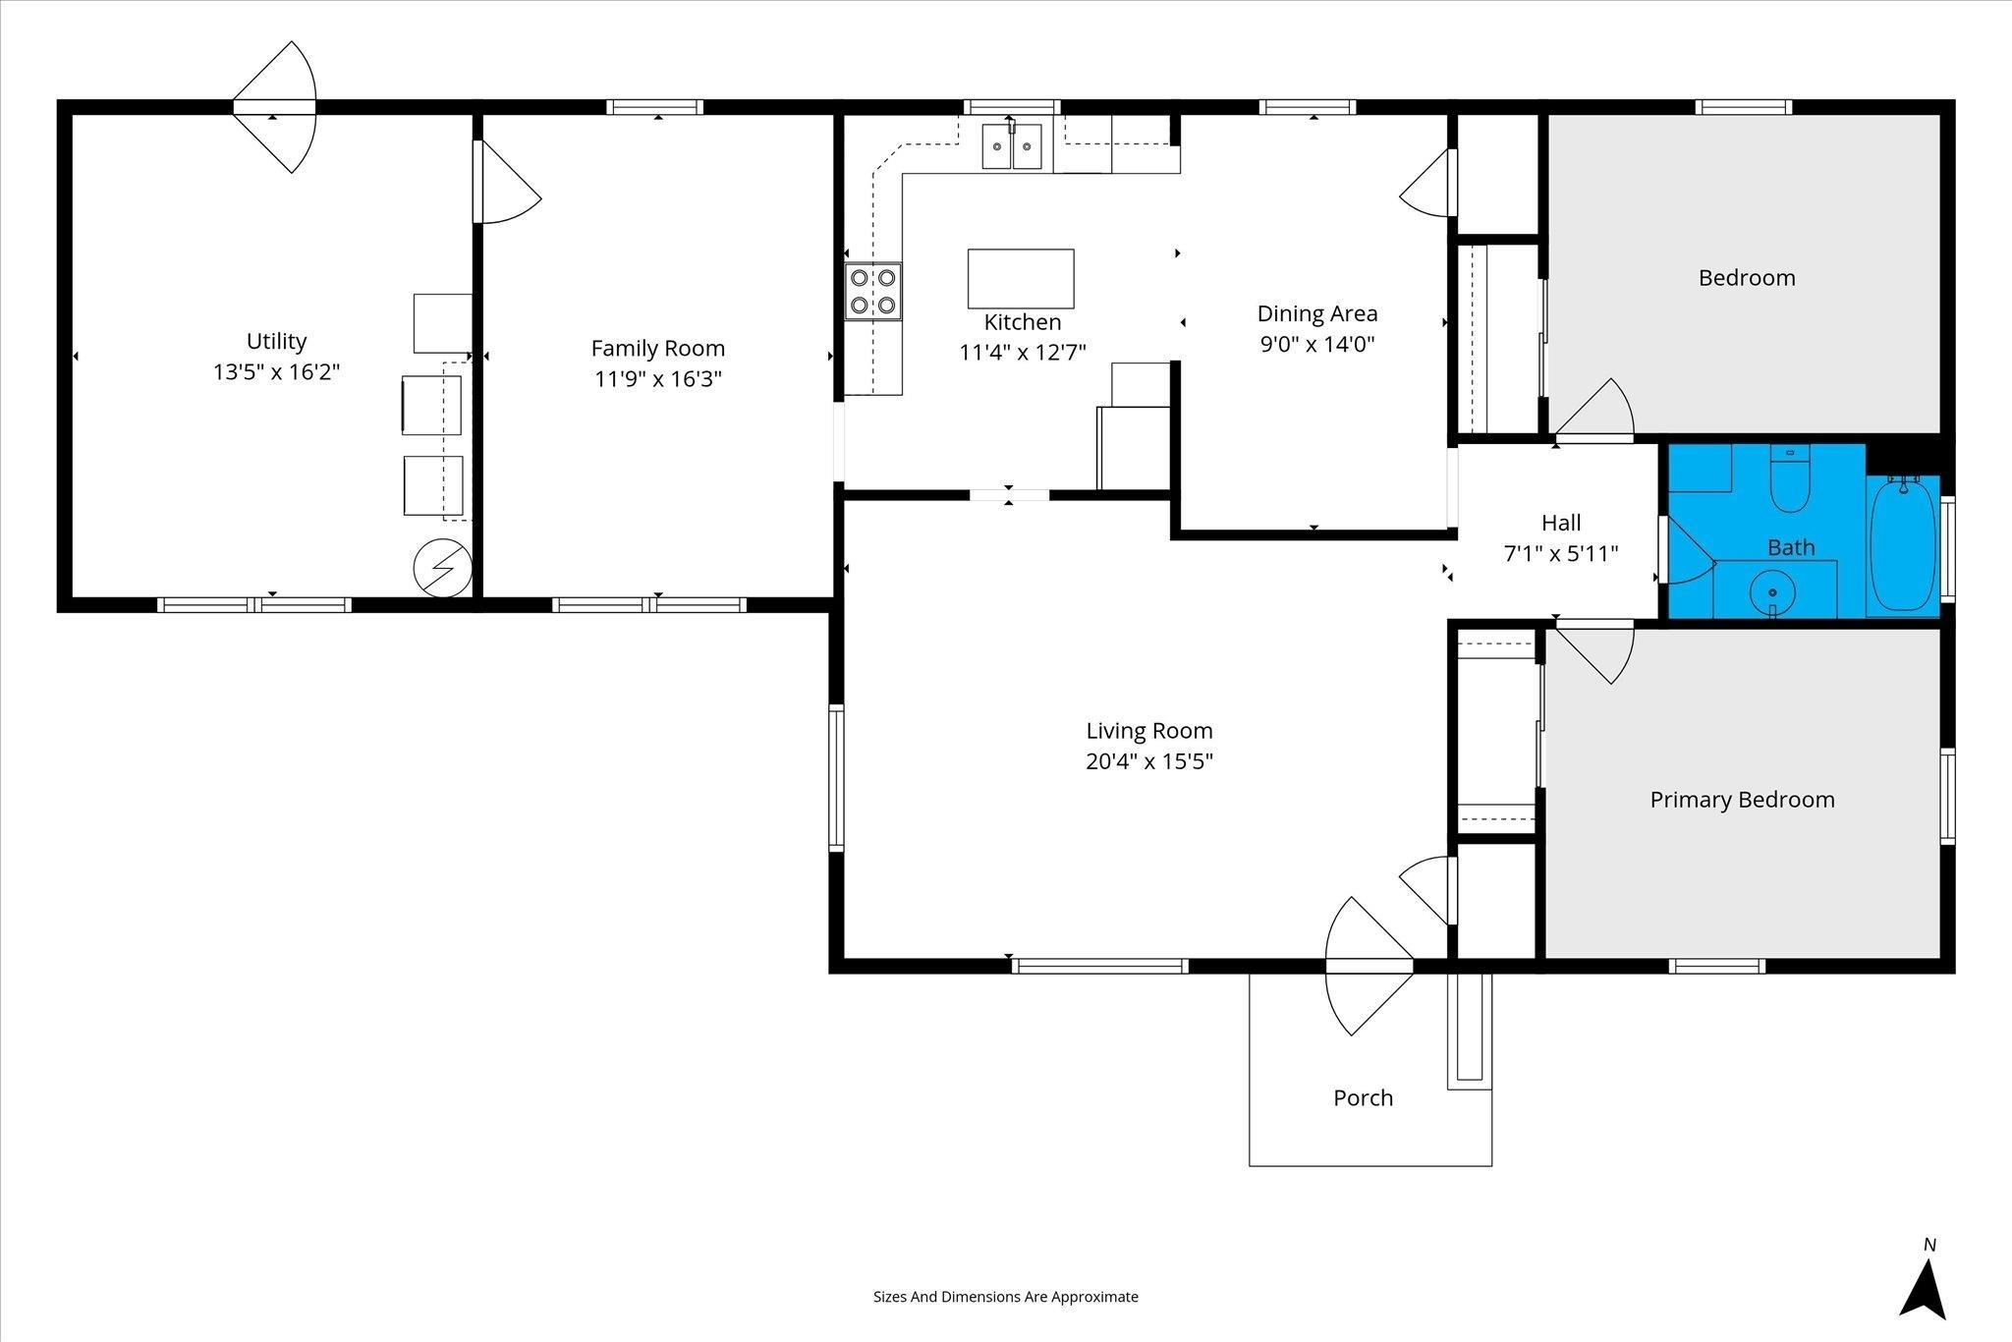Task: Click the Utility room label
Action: (276, 341)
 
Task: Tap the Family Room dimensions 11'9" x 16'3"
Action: (658, 379)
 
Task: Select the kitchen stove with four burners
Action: (873, 291)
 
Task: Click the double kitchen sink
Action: (1012, 146)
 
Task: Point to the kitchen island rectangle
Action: (1021, 279)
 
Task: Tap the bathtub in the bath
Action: (1903, 543)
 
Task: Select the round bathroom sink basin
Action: (1773, 592)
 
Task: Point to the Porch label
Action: (1363, 1098)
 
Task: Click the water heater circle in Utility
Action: (443, 568)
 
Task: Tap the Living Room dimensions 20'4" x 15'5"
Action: (1149, 761)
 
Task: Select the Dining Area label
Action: (1317, 313)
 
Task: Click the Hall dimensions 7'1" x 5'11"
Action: (1561, 554)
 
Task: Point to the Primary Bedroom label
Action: (1742, 800)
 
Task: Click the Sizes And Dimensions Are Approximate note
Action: (1006, 1297)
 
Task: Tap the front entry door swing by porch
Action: (1369, 966)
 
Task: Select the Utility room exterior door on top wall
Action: (275, 107)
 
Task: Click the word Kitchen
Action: (1023, 322)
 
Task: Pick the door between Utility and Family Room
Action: (506, 182)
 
